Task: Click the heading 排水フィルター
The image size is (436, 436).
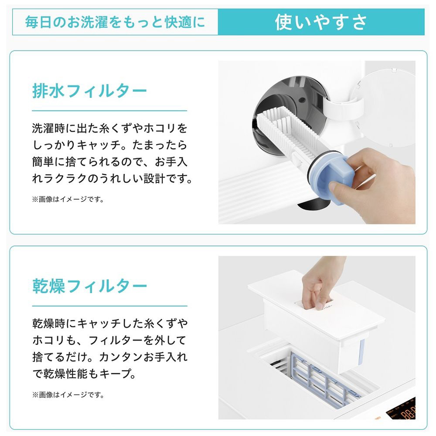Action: point(89,91)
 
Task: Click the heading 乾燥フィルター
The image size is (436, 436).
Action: point(89,286)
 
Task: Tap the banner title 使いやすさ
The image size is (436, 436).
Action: point(321,22)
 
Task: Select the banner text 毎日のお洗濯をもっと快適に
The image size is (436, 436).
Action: point(115,22)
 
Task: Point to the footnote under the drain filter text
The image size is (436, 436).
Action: point(68,199)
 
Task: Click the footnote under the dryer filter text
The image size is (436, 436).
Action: point(68,395)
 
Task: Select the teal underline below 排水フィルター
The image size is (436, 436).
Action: point(109,111)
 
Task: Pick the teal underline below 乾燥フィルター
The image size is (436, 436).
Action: point(109,306)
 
